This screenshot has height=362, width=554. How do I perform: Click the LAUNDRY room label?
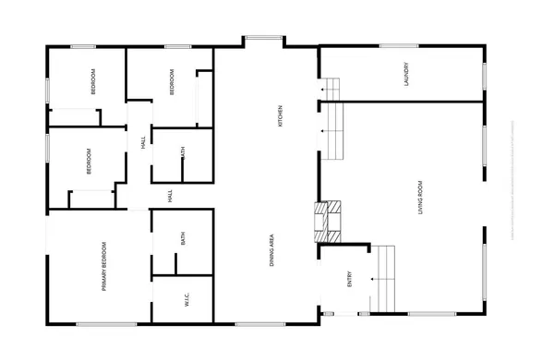[x=406, y=74]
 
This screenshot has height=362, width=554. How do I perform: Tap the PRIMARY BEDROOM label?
[x=105, y=267]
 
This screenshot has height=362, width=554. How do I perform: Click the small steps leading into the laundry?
[x=331, y=88]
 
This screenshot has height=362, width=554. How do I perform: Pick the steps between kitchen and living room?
[x=333, y=130]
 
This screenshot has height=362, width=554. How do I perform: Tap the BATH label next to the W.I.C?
[x=184, y=239]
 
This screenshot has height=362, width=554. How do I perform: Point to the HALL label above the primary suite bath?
[x=171, y=196]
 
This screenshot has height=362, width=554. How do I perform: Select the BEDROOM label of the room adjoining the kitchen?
[x=172, y=83]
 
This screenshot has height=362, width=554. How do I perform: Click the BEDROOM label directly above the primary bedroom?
[x=90, y=162]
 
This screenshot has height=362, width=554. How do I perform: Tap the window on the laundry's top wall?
[x=399, y=45]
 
